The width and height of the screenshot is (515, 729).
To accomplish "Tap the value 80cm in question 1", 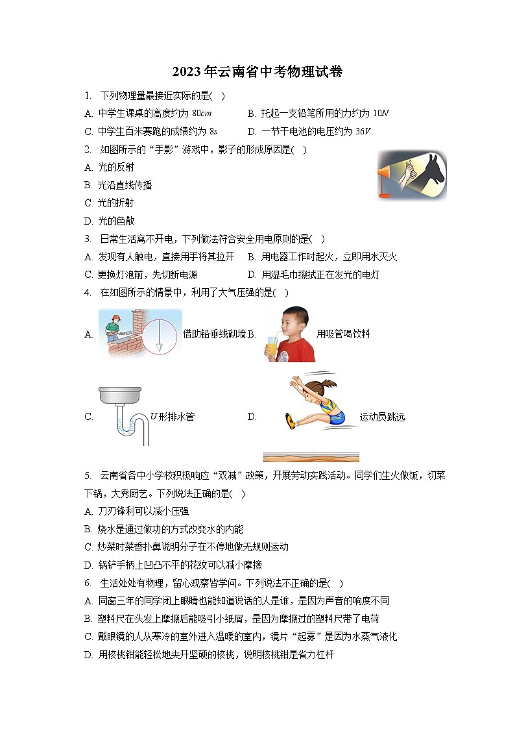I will point(202,114).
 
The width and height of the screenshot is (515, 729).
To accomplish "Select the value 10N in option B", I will point(381,114).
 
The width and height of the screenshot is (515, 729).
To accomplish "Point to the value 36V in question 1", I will point(364,131).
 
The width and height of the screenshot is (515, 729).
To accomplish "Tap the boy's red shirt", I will point(299,351).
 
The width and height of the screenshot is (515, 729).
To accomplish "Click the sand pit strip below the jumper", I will point(311,457).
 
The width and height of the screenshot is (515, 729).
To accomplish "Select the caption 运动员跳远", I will point(382,417).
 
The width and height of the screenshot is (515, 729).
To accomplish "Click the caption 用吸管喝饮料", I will point(343,334).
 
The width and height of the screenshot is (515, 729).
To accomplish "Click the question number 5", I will point(87,476).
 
